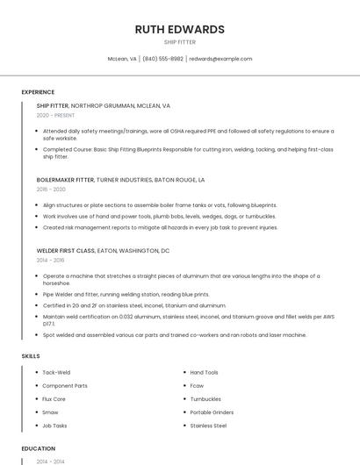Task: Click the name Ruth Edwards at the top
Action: coord(179,29)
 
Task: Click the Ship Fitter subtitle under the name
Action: coord(179,41)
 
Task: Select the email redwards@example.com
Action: coord(220,59)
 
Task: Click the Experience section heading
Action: coord(38,92)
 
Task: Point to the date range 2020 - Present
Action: coord(55,115)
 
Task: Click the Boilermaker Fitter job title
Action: coord(65,179)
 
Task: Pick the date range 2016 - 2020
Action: coord(51,190)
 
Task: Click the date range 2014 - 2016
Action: coord(50,261)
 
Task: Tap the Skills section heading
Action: coord(31,355)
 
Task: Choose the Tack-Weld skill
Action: coord(56,372)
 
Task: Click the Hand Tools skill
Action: coord(204,372)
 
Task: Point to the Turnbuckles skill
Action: coord(206,398)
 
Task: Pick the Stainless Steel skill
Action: coord(208,426)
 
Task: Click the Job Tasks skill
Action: coord(54,426)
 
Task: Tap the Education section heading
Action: coord(38,447)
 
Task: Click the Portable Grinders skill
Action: coord(212,411)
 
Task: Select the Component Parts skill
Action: coord(65,385)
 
